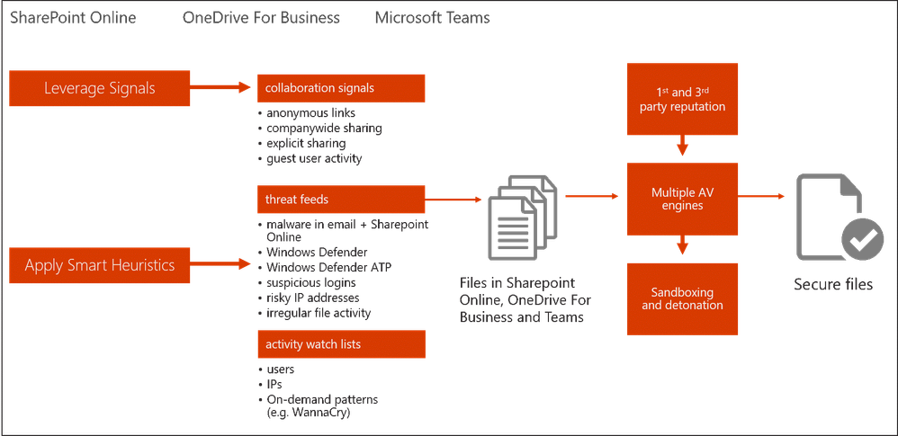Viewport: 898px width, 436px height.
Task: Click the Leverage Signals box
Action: click(99, 88)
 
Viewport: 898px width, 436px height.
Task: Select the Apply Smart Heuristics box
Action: click(99, 265)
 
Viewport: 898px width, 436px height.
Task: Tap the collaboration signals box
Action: click(340, 88)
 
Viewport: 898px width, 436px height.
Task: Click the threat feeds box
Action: click(340, 200)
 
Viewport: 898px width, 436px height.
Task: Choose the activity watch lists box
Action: click(340, 343)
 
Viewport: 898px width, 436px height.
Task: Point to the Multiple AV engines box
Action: click(681, 199)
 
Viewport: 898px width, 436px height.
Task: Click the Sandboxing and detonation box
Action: click(681, 298)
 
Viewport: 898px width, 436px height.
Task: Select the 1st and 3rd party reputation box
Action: click(681, 100)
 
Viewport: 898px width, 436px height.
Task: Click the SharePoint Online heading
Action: click(73, 17)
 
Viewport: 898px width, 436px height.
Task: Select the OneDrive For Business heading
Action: click(261, 17)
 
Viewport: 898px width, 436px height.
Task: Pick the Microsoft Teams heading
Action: click(434, 17)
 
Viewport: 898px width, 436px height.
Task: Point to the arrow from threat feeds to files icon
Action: click(453, 199)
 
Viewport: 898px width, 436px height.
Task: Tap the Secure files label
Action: click(832, 285)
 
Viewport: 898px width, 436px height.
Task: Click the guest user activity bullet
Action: click(310, 158)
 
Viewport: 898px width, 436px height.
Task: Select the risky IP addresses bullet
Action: click(312, 298)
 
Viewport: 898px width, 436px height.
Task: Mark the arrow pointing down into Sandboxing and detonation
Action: click(681, 245)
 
